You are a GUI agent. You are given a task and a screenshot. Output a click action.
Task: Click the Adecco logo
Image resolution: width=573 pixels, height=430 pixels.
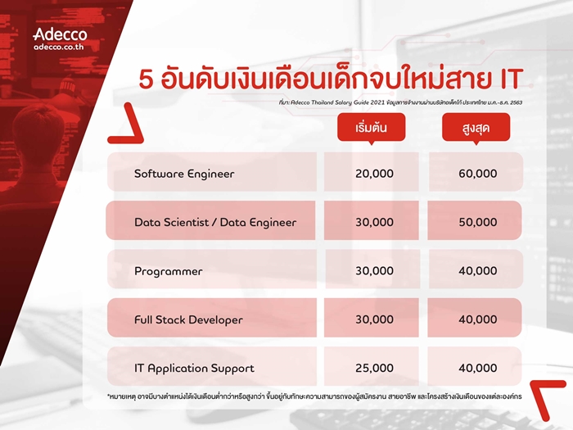61,34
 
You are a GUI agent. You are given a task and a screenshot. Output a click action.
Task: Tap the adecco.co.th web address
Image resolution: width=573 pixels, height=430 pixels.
59,47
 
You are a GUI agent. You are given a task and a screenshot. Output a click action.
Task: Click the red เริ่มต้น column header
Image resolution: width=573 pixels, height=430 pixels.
372,127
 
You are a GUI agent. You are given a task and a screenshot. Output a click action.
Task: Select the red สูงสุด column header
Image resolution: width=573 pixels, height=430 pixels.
476,127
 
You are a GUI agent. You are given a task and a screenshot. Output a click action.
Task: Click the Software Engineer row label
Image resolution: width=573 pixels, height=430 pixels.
184,174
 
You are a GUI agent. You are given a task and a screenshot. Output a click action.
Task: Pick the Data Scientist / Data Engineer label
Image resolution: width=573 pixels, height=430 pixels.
215,222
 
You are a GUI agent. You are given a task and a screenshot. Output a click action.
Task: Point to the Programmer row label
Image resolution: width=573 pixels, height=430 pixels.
169,271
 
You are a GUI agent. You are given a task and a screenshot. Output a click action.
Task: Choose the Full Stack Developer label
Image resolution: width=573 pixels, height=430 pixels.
188,320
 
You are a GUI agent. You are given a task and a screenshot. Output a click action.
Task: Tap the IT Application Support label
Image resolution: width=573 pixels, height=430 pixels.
194,369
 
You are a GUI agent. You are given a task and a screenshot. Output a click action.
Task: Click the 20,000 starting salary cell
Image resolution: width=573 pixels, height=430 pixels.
375,174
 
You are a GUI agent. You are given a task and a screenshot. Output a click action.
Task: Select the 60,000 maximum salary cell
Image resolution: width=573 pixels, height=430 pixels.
477,174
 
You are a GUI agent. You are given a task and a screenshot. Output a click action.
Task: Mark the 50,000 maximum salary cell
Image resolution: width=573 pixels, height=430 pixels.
477,222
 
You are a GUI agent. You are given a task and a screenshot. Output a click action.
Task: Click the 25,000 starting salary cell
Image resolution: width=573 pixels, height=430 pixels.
375,368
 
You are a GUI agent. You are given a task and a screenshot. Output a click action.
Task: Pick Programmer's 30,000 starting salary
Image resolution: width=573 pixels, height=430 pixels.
375,270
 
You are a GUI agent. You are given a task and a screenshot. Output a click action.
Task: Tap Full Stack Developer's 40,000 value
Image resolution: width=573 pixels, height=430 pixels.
477,319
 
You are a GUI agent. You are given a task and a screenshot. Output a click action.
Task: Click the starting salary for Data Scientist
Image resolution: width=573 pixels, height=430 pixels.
375,222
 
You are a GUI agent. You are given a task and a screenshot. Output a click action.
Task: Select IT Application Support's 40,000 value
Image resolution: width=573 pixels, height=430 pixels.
477,368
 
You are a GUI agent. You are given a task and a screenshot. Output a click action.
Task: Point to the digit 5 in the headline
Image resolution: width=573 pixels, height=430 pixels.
146,79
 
